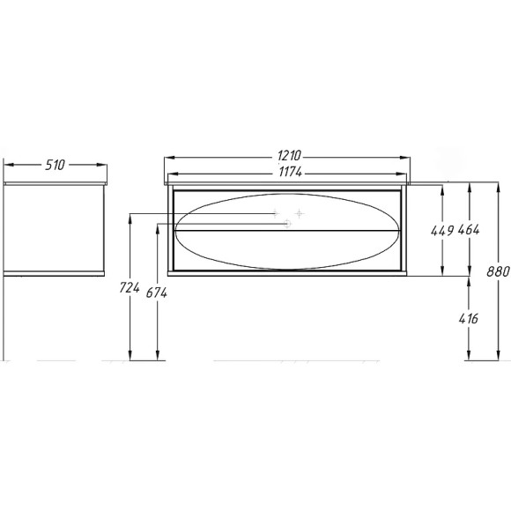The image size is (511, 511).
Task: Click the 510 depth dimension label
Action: pos(56,165)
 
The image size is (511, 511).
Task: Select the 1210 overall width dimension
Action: pos(289,155)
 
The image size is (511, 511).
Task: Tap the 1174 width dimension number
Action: pos(291,172)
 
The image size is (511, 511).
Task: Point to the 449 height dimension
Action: pos(442,231)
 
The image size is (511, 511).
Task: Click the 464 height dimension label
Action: pos(469,230)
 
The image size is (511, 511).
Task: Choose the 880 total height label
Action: pos(498,271)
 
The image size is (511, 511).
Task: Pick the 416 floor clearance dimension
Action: pos(469,318)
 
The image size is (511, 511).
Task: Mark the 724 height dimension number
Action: pos(130,287)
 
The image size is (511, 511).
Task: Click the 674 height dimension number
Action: pos(157,293)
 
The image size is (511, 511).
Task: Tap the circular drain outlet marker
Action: pos(287,224)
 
